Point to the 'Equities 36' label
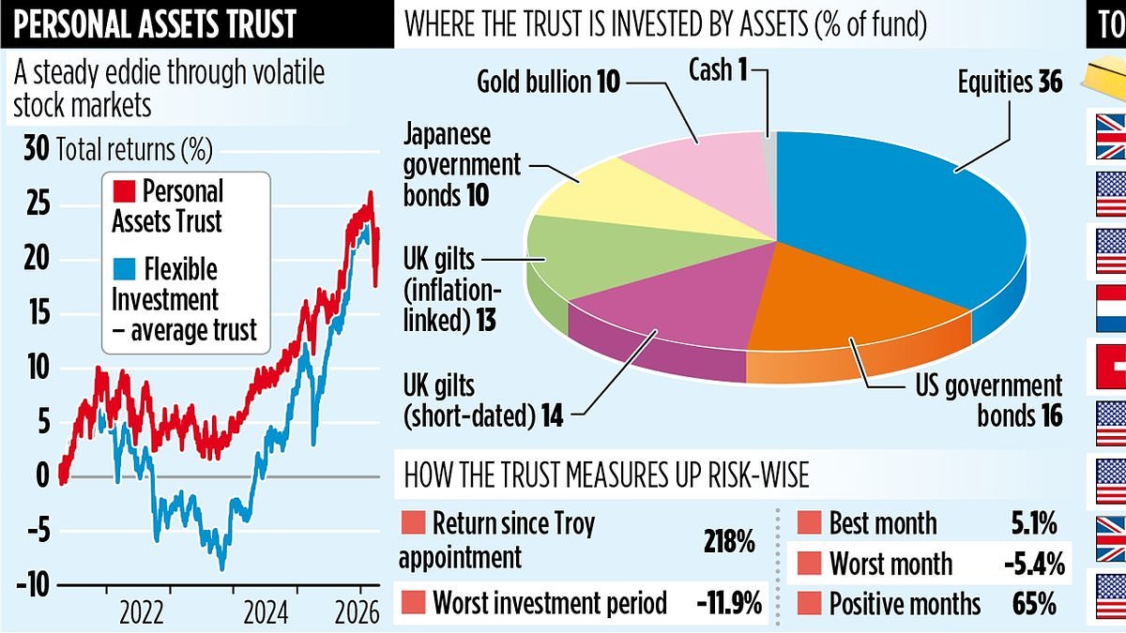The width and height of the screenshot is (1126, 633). point(1010,83)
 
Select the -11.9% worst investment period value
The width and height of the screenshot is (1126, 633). point(728,602)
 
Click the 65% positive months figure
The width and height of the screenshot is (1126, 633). point(1041,603)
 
